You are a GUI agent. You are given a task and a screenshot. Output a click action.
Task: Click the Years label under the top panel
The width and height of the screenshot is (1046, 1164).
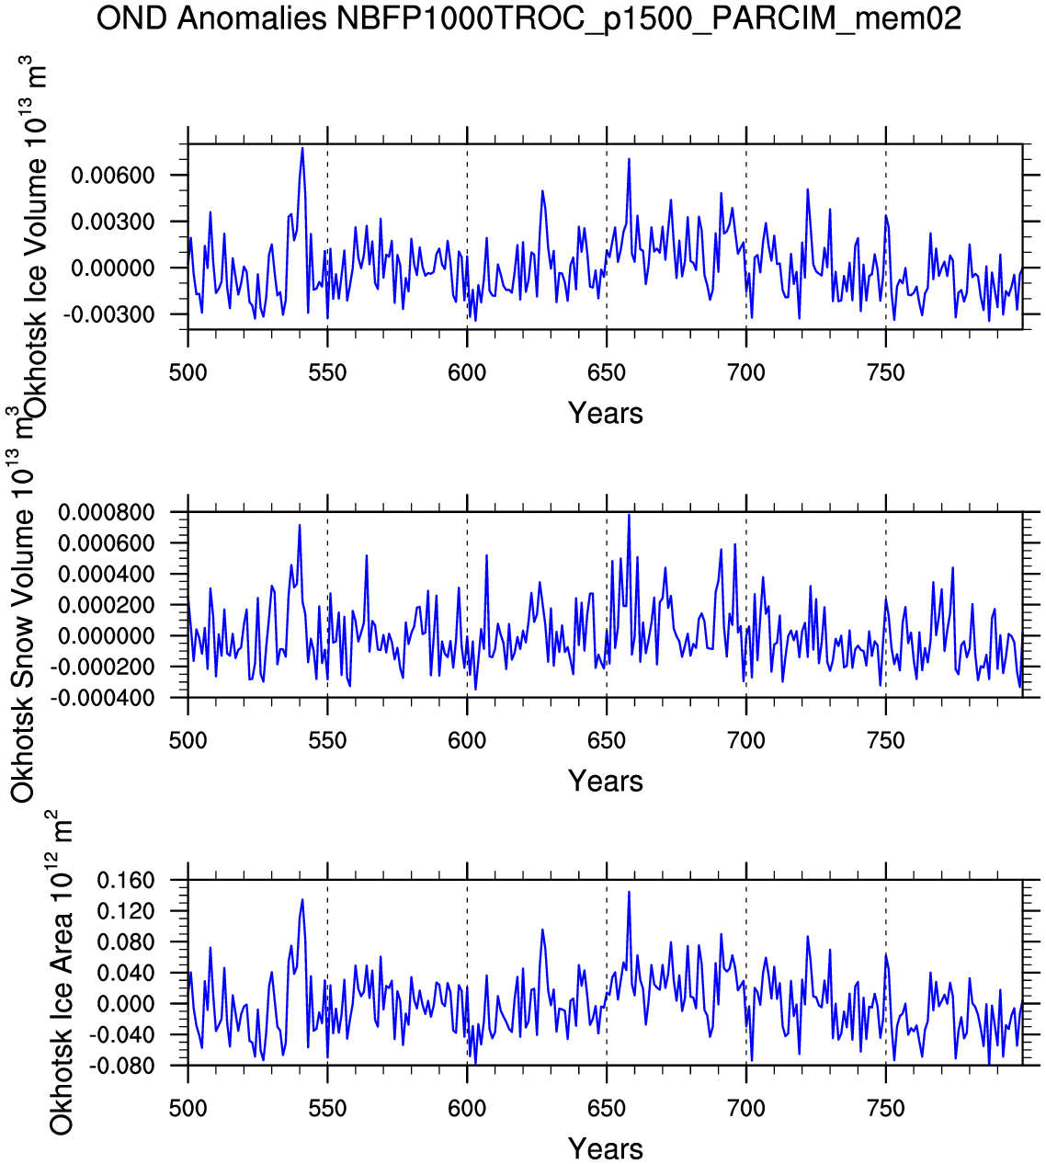605,413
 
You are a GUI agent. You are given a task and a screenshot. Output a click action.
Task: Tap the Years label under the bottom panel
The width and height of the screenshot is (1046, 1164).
605,1148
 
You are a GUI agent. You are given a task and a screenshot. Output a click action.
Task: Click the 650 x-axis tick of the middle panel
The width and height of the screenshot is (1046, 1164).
606,741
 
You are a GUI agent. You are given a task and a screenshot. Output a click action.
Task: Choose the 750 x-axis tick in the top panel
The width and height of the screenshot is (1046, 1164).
885,373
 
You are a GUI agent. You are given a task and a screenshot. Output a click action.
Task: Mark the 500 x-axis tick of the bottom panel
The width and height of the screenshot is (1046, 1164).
188,1109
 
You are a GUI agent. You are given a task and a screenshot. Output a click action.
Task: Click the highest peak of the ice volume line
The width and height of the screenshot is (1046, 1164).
302,148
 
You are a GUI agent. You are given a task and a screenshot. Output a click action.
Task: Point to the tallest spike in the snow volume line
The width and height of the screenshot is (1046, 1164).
629,515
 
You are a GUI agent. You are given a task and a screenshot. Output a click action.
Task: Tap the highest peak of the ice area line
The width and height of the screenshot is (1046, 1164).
629,891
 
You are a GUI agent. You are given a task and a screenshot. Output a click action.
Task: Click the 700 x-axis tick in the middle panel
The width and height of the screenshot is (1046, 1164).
745,741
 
